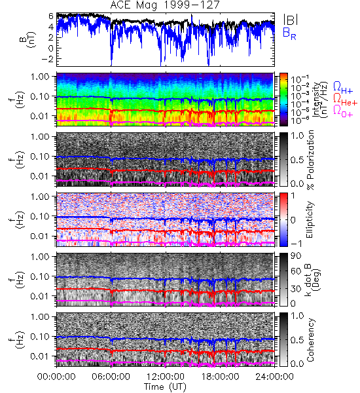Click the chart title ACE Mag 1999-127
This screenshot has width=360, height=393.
point(165,5)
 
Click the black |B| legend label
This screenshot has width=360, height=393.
point(291,19)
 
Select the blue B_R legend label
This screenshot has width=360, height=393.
point(289,34)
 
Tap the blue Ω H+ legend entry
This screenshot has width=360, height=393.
point(343,88)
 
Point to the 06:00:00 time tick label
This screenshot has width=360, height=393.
point(111,377)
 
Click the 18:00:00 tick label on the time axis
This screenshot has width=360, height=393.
point(220,377)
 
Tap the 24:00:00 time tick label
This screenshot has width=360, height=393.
point(274,377)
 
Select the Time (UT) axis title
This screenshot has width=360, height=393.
point(165,387)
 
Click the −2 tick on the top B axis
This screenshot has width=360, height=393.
point(47,59)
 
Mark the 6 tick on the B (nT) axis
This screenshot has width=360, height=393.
point(51,16)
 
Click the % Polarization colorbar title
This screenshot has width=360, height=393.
point(311,160)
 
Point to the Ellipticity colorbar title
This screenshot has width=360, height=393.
point(310,219)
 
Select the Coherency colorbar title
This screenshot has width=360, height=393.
point(310,340)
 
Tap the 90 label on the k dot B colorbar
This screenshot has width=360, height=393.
point(296,256)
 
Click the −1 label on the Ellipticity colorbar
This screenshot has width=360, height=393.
point(296,244)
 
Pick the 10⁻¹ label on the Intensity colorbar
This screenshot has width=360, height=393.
point(297,80)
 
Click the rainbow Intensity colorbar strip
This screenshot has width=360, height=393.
point(283,100)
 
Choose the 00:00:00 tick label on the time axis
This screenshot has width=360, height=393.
point(56,377)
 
